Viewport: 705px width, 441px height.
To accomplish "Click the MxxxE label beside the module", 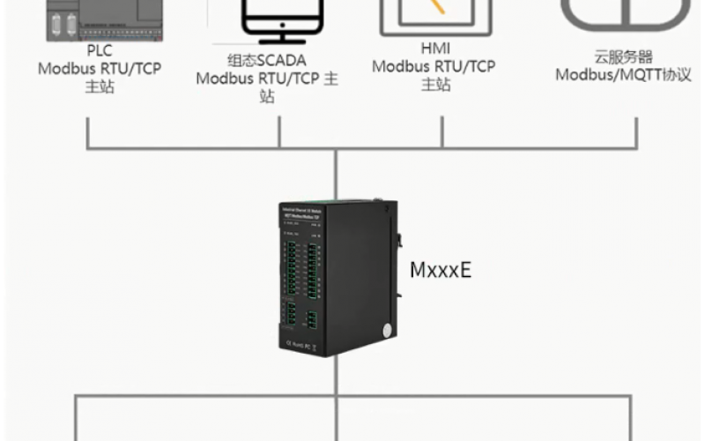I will click(x=441, y=269).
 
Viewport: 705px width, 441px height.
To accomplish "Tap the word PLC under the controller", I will click(x=100, y=51).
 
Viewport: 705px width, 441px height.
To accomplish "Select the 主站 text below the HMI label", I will click(x=434, y=85).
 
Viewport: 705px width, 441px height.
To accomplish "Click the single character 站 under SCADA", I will click(x=266, y=97).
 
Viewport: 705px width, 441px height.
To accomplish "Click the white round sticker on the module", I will click(x=386, y=331).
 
